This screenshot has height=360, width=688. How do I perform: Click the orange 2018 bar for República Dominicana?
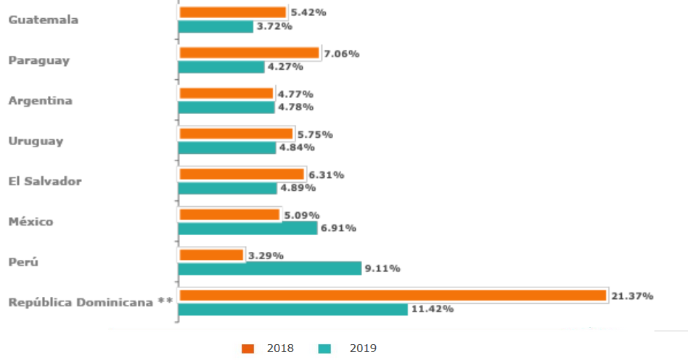(x=393, y=295)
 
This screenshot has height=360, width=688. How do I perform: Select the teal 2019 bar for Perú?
(x=270, y=269)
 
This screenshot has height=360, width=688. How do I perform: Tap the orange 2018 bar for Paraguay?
(x=249, y=53)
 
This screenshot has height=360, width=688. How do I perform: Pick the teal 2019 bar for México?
(x=247, y=228)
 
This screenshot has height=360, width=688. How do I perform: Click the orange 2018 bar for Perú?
(x=211, y=255)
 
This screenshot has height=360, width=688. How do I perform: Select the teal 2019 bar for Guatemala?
(x=216, y=27)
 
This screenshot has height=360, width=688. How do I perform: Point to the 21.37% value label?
(x=632, y=296)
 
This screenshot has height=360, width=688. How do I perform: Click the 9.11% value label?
(x=382, y=269)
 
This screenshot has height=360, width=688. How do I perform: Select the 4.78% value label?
(x=296, y=107)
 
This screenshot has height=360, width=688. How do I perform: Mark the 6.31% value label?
(x=326, y=175)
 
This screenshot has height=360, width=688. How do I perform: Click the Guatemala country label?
(x=44, y=20)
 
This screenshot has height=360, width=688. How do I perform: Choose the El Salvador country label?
(x=45, y=181)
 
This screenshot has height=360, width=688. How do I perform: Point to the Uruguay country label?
(x=36, y=141)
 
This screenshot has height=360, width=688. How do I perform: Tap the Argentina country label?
(x=41, y=100)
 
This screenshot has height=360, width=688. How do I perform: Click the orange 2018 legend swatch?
(x=248, y=348)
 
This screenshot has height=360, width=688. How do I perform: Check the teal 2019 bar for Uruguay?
(x=227, y=148)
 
